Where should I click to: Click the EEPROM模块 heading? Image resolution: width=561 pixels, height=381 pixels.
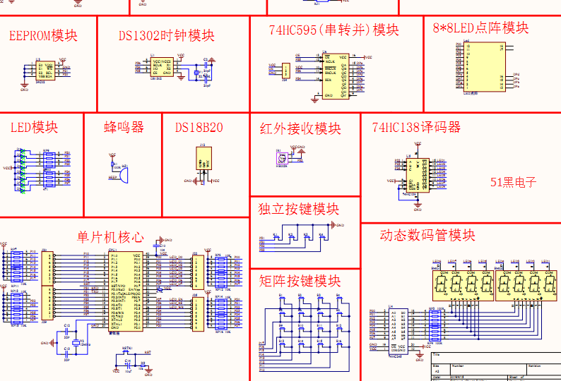tap(43, 36)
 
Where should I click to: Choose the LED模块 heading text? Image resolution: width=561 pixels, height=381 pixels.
tap(34, 128)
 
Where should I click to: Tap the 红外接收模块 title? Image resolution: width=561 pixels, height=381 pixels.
tap(300, 129)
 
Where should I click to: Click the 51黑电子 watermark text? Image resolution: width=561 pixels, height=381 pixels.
tap(514, 182)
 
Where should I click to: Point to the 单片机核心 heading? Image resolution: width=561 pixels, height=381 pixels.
tap(110, 237)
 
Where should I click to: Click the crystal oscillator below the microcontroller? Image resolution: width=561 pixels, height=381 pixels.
tap(77, 343)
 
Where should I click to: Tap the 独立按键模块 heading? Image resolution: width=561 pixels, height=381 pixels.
tap(299, 210)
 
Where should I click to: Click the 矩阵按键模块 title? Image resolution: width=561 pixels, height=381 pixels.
tap(299, 282)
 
